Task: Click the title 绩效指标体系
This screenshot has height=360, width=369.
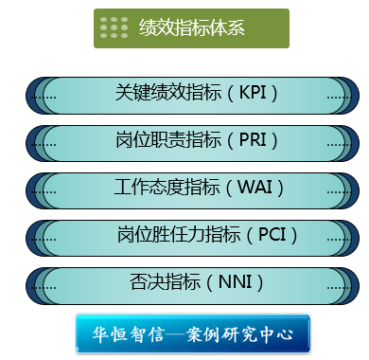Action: click(x=192, y=27)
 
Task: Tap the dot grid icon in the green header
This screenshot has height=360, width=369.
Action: click(x=114, y=27)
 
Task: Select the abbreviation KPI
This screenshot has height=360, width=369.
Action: click(x=253, y=93)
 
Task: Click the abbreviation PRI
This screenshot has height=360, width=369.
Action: click(x=253, y=139)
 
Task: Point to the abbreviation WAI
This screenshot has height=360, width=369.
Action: click(x=255, y=187)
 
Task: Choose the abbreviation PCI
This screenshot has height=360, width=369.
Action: click(x=272, y=234)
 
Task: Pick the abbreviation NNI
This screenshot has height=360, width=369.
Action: click(x=235, y=281)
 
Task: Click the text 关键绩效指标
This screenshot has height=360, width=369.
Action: click(x=168, y=93)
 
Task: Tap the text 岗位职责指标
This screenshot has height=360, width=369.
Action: click(x=168, y=139)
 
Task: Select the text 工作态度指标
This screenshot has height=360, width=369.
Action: click(x=167, y=187)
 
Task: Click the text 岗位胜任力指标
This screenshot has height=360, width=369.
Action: click(x=179, y=234)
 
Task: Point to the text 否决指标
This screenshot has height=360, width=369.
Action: click(x=166, y=281)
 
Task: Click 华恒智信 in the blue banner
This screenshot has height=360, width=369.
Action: click(x=129, y=334)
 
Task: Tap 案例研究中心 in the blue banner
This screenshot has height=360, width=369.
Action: click(x=239, y=334)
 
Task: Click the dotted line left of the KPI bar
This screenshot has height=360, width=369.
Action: click(x=44, y=98)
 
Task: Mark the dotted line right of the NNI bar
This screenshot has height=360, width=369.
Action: click(x=339, y=288)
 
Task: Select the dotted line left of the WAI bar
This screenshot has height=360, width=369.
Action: click(x=44, y=192)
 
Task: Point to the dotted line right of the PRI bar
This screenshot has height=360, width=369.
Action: click(x=339, y=145)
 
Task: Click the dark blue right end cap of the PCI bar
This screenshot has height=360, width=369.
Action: click(x=356, y=238)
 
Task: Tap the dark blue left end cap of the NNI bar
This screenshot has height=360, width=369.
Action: click(x=29, y=286)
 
